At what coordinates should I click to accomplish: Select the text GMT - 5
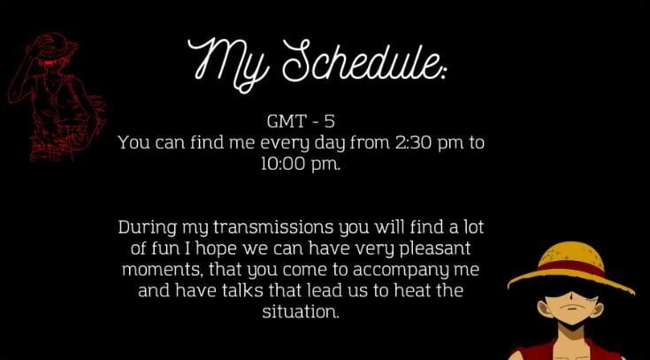301,121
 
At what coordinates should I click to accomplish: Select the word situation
301,311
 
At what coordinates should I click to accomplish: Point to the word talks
242,290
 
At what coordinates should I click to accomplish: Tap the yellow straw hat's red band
571,266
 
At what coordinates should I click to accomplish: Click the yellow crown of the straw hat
572,252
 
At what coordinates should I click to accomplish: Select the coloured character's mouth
571,308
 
